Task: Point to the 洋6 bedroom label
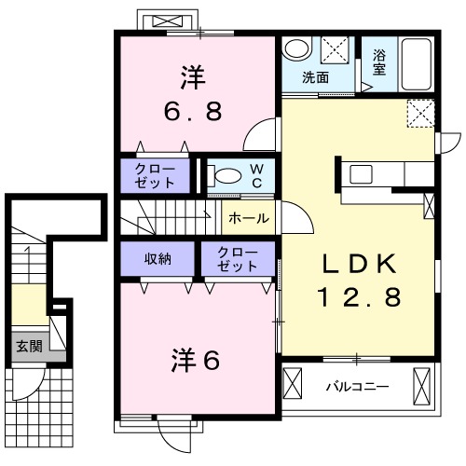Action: (196, 359)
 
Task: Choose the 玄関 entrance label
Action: (28, 346)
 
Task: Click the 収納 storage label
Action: (158, 257)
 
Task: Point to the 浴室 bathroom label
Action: (379, 61)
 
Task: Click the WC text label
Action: (256, 174)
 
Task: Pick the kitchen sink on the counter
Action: (361, 173)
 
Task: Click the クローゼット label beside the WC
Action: (154, 173)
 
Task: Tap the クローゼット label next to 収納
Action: (238, 258)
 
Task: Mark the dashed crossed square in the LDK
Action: (419, 115)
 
